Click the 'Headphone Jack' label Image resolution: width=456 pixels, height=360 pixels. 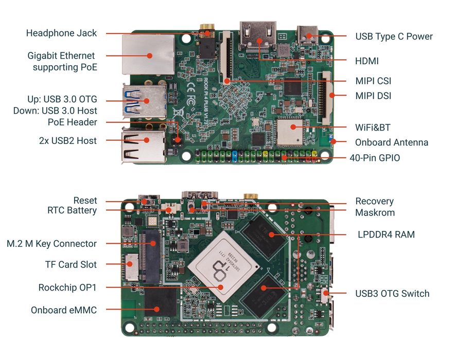[x=61, y=33]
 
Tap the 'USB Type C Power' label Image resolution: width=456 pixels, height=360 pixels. [x=394, y=37]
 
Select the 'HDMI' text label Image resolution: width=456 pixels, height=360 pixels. [x=366, y=61]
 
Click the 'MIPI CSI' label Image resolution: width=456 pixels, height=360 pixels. [x=373, y=81]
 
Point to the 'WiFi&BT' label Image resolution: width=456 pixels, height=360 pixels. [x=373, y=127]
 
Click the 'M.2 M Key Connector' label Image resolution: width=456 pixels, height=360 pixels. [x=51, y=243]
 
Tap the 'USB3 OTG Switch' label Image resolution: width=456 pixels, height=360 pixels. [x=392, y=293]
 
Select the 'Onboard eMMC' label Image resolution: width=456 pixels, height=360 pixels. [x=64, y=310]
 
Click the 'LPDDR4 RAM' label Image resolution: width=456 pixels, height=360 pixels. [x=386, y=235]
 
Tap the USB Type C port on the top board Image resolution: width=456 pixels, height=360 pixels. [x=309, y=36]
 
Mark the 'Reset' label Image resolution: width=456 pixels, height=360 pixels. [x=85, y=201]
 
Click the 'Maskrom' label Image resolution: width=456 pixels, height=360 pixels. [x=375, y=212]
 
